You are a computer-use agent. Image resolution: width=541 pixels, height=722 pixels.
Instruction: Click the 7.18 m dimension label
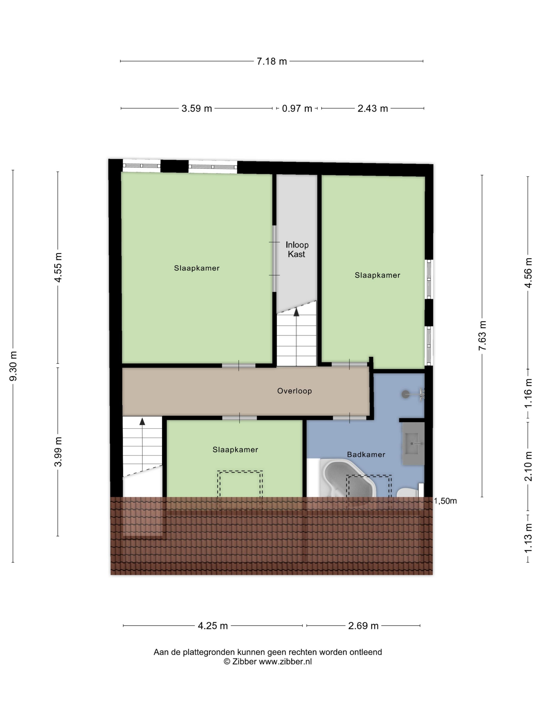click(x=272, y=61)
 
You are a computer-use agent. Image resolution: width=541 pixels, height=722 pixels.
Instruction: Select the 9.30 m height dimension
click(x=13, y=366)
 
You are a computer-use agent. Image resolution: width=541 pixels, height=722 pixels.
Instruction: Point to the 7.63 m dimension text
click(x=482, y=335)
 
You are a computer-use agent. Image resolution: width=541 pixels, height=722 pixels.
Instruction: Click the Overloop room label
click(x=294, y=391)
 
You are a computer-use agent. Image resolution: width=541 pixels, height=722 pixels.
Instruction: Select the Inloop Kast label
click(x=297, y=249)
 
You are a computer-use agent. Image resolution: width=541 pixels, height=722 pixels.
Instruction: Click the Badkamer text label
click(x=366, y=454)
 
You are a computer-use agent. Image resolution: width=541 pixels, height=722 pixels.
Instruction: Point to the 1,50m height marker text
click(x=445, y=501)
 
